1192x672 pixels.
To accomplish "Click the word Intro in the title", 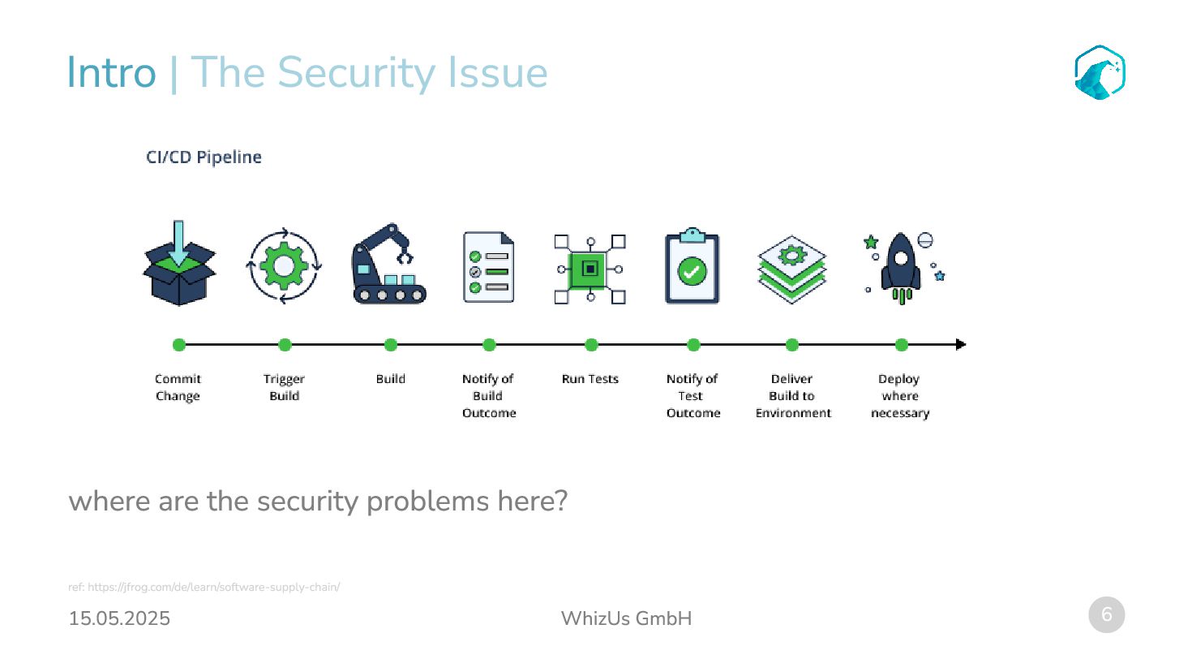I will point(111,73).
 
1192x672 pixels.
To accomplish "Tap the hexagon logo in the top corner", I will point(1100,73).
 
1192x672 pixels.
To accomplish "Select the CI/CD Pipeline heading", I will point(204,157).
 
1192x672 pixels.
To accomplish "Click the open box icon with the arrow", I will point(179,265).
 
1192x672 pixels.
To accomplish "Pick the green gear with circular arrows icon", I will point(284,266).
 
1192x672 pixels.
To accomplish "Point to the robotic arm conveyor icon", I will point(389,265).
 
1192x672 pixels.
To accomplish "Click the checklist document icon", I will point(488,267).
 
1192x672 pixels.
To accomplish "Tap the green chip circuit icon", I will point(590,269).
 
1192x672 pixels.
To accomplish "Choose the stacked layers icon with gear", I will point(791,269).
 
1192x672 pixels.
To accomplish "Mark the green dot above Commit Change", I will point(179,345).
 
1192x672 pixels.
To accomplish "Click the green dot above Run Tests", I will point(591,345).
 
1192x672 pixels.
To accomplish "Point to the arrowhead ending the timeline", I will point(961,345).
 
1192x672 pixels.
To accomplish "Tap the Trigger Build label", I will point(284,387).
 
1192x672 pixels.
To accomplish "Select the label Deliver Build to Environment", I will point(793,395).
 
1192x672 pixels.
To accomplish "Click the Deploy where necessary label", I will point(900,395).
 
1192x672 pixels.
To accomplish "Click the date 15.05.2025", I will point(119,618).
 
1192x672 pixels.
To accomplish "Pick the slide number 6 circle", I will point(1106,614).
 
